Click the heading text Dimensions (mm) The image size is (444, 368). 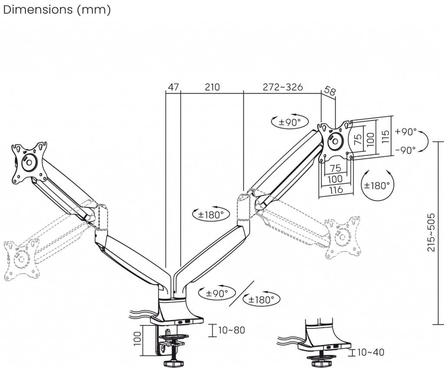[57, 10]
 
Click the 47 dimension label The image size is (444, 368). [173, 87]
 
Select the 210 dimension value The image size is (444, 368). [212, 87]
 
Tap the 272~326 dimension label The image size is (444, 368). [283, 87]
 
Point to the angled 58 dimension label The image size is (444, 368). [330, 91]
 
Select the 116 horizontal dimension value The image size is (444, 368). [336, 190]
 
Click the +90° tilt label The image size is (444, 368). [406, 131]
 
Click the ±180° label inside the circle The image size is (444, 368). [377, 185]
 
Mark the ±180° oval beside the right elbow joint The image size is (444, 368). [211, 214]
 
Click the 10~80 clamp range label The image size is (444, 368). [231, 330]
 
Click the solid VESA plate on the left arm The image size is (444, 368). [29, 162]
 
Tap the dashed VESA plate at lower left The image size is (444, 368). [21, 260]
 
